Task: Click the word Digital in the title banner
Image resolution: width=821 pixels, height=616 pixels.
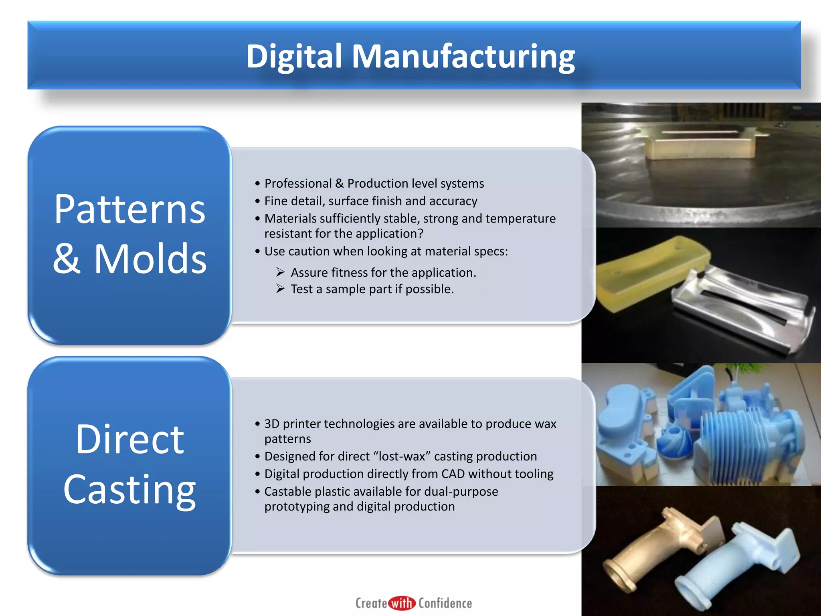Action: point(294,57)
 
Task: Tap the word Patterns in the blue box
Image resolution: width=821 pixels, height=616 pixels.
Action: point(129,209)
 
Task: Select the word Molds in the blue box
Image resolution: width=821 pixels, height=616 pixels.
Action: point(150,259)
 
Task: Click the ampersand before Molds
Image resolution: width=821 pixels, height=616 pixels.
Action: point(67,259)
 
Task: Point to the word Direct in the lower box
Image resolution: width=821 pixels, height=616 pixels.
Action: point(129,440)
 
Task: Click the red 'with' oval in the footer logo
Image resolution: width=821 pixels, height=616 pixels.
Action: point(402,603)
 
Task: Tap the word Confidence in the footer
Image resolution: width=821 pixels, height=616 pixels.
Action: point(445,603)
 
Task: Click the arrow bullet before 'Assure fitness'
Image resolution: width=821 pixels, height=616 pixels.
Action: point(280,273)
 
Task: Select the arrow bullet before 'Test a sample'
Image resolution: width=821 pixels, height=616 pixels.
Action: point(280,289)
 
